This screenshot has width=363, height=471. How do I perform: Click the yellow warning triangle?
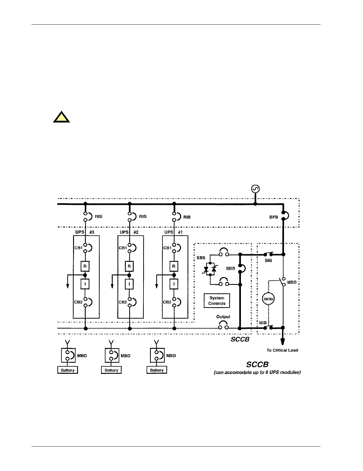pyautogui.click(x=61, y=117)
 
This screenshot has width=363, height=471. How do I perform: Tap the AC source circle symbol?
pyautogui.click(x=255, y=189)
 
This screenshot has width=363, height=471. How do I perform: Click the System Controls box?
pyautogui.click(x=217, y=301)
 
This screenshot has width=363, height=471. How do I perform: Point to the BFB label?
pyautogui.click(x=274, y=217)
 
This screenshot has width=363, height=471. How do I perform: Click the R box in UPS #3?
pyautogui.click(x=85, y=266)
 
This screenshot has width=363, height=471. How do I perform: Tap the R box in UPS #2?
pyautogui.click(x=129, y=266)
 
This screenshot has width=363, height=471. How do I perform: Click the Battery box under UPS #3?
pyautogui.click(x=67, y=370)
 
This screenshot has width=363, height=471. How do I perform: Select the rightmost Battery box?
pyautogui.click(x=157, y=370)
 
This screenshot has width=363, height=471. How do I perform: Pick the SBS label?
pyautogui.click(x=201, y=258)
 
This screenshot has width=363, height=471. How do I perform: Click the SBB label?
pyautogui.click(x=230, y=268)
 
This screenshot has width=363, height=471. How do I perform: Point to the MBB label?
pyautogui.click(x=292, y=282)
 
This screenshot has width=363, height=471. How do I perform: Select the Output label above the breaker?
pyautogui.click(x=223, y=317)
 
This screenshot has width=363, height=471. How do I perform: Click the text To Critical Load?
pyautogui.click(x=282, y=350)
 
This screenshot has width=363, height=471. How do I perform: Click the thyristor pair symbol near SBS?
pyautogui.click(x=210, y=269)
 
